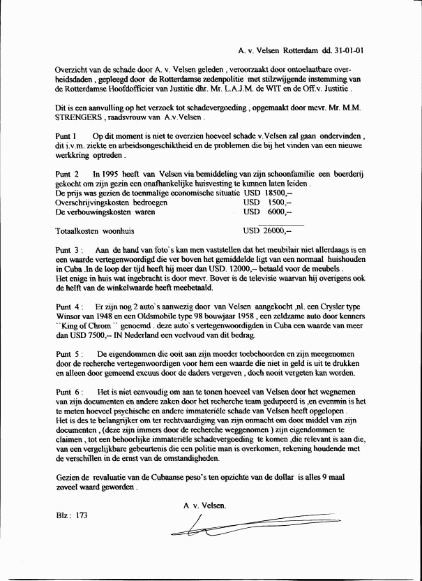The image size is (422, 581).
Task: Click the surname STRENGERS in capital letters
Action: [x=81, y=119]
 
